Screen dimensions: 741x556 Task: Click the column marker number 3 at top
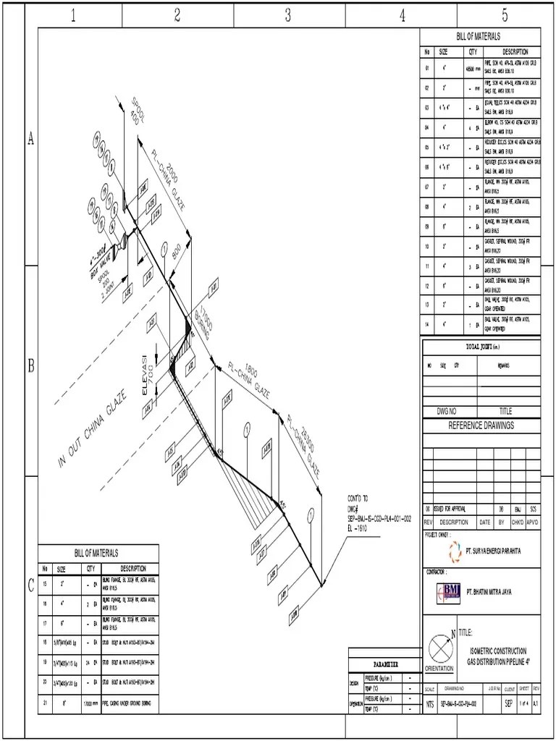pyautogui.click(x=287, y=16)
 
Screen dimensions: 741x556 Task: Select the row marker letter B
pyautogui.click(x=31, y=366)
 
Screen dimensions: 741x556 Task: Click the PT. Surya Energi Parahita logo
pyautogui.click(x=455, y=551)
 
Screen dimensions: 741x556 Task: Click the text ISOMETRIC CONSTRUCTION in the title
pyautogui.click(x=499, y=651)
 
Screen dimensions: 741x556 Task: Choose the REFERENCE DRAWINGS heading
pyautogui.click(x=481, y=425)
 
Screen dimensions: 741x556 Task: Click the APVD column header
pyautogui.click(x=532, y=522)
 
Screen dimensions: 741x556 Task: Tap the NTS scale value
pyautogui.click(x=429, y=702)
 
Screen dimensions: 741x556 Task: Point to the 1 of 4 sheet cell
pyautogui.click(x=523, y=702)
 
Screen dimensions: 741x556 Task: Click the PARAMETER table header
pyautogui.click(x=384, y=664)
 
